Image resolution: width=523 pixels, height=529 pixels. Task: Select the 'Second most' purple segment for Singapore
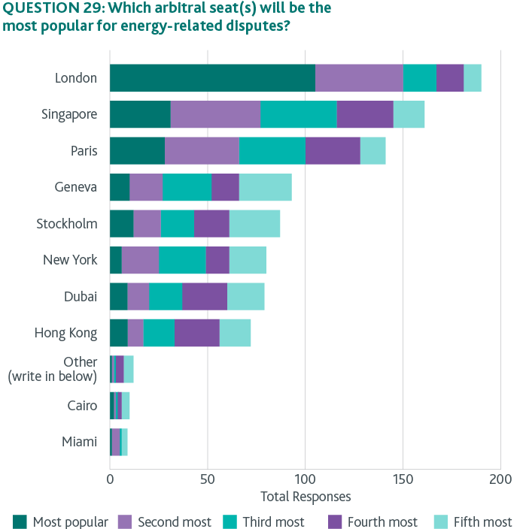[x=215, y=114]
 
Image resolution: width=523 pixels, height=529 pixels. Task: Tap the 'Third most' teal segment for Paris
[x=272, y=150]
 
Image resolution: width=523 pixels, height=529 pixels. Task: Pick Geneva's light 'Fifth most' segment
[x=265, y=187]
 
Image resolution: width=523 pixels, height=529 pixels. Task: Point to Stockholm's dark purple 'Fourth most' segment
[x=211, y=224]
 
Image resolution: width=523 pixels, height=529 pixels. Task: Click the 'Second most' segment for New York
[x=140, y=260]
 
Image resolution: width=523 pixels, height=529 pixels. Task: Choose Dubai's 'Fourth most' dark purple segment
[x=204, y=296]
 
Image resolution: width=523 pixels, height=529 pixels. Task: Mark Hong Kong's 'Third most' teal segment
[x=159, y=333]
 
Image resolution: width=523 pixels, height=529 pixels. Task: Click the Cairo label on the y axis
[x=82, y=406]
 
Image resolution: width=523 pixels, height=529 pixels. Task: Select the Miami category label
[x=80, y=442]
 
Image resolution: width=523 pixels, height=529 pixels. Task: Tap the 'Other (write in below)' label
[x=52, y=369]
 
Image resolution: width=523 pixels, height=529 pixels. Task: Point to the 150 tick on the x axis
[x=403, y=479]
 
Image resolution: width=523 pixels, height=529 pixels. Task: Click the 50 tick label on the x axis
[x=208, y=479]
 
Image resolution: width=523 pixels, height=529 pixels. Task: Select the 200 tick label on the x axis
[x=500, y=479]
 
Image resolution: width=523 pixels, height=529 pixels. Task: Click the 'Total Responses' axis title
[x=305, y=497]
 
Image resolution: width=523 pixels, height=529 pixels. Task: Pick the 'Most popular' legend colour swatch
[x=20, y=521]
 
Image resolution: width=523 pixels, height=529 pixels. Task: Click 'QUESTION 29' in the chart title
[x=47, y=9]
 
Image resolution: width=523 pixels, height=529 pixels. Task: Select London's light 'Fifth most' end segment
[x=473, y=78]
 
